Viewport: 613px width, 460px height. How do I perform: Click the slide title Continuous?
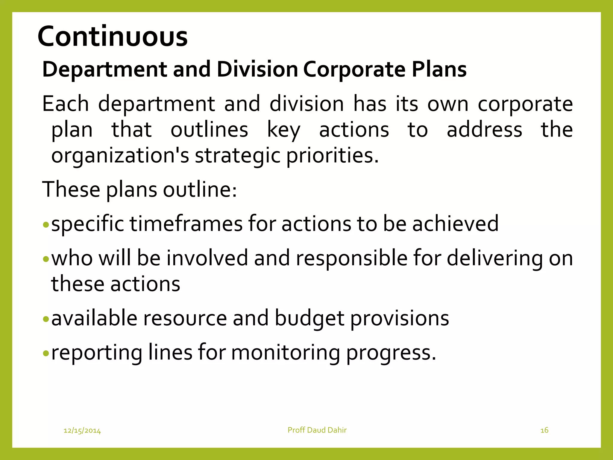tap(113, 37)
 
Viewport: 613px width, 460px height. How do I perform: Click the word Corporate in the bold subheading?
tap(354, 69)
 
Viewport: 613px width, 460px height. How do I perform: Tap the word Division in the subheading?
tap(257, 69)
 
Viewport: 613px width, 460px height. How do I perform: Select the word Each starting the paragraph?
tap(66, 104)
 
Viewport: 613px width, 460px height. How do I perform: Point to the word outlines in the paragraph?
tap(209, 130)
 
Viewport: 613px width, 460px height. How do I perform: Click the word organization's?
tap(120, 156)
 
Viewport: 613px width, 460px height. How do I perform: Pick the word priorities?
tap(332, 156)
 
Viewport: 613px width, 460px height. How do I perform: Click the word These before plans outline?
tap(71, 190)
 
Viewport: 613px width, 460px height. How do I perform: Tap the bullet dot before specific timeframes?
tap(45, 224)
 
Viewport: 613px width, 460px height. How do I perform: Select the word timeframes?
tap(186, 224)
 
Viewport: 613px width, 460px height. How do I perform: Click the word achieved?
tap(455, 224)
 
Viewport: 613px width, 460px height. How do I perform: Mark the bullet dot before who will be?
tap(45, 258)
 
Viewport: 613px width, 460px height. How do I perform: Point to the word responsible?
tap(351, 258)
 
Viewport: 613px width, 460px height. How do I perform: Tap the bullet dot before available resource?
tap(45, 319)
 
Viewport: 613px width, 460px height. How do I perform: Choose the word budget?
tap(309, 318)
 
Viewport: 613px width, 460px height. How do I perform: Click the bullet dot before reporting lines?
tap(45, 353)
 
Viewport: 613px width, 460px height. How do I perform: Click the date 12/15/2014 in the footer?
tap(82, 431)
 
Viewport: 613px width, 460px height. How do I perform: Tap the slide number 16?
tap(544, 430)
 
